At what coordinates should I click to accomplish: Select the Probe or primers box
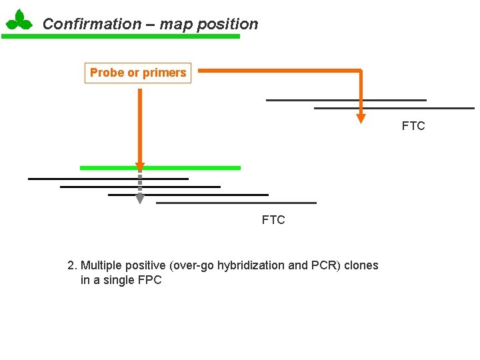pyautogui.click(x=138, y=73)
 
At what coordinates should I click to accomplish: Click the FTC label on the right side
pyautogui.click(x=413, y=126)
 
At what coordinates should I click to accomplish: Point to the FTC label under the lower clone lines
pyautogui.click(x=273, y=219)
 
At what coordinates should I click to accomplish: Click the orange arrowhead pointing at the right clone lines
pyautogui.click(x=361, y=118)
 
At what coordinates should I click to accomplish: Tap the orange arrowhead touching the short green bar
pyautogui.click(x=140, y=167)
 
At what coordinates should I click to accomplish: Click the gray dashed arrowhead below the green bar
pyautogui.click(x=140, y=199)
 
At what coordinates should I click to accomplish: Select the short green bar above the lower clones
pyautogui.click(x=193, y=168)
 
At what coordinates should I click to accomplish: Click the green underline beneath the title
pyautogui.click(x=120, y=37)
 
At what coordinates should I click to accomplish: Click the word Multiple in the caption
pyautogui.click(x=101, y=265)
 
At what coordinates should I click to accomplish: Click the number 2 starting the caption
pyautogui.click(x=71, y=265)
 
